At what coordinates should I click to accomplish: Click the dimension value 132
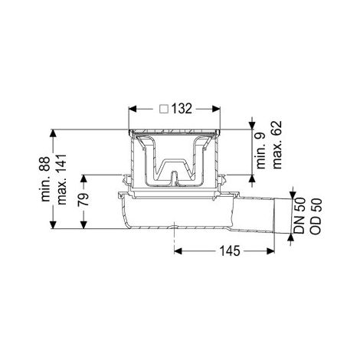(x=182, y=109)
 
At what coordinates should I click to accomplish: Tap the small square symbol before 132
(x=164, y=109)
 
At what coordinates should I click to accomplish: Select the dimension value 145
(x=230, y=251)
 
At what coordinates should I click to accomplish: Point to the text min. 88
(x=46, y=178)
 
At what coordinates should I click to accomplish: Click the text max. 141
(x=62, y=179)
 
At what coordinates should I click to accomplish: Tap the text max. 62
(x=277, y=145)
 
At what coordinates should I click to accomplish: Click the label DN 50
(x=299, y=216)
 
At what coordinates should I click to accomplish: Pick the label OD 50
(x=316, y=216)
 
